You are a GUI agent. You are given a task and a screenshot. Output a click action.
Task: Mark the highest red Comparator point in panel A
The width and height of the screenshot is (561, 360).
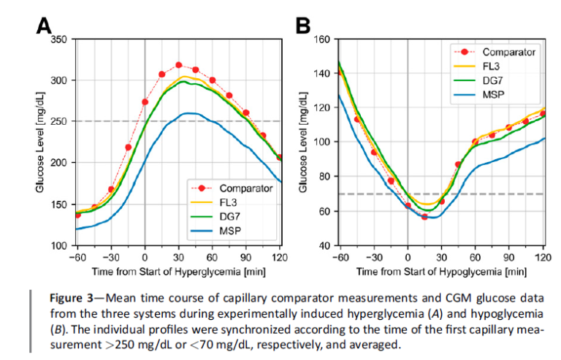pyautogui.click(x=178, y=65)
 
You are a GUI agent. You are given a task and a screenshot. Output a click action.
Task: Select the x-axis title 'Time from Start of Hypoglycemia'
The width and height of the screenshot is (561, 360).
pyautogui.click(x=440, y=272)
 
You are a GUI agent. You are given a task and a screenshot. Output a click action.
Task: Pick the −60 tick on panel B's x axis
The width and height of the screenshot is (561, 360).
pyautogui.click(x=339, y=258)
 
